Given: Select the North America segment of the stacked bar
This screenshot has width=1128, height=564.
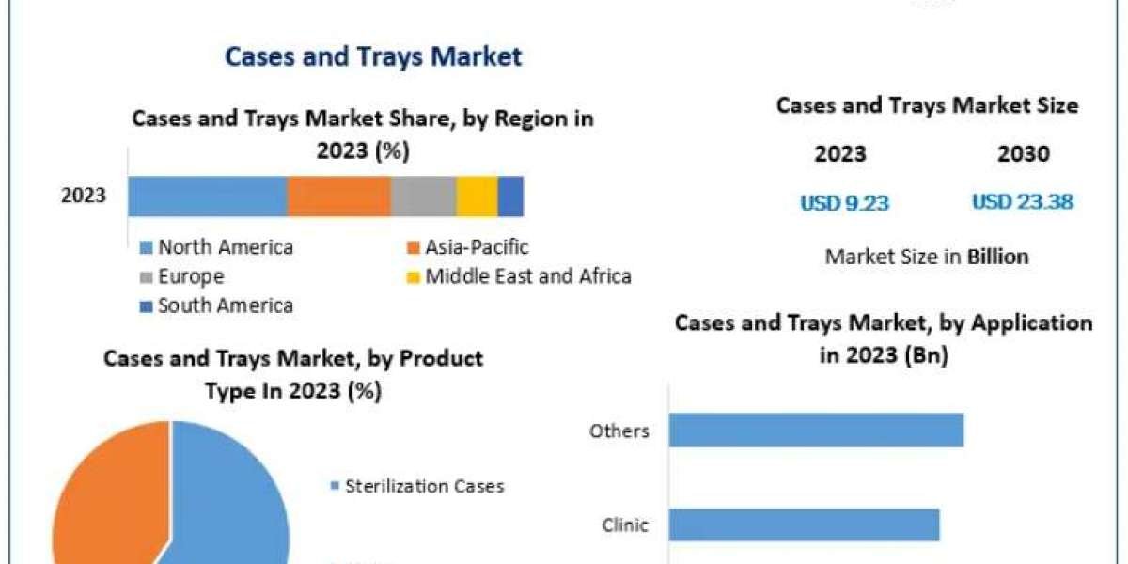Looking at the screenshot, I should pos(207,196).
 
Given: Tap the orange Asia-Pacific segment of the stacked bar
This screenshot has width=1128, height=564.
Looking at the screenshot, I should pos(338,196).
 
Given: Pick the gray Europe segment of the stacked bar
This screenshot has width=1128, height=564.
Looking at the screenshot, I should pos(423,196).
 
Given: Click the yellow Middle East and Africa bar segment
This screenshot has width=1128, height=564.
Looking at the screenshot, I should pos(477,196).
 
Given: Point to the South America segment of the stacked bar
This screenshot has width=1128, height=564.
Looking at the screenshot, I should pos(510,196).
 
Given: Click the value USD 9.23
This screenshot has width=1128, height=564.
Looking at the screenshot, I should pos(844,202).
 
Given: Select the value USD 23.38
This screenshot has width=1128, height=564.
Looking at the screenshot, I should pos(1022,202).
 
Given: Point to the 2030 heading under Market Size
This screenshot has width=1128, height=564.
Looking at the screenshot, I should pos(1023,154).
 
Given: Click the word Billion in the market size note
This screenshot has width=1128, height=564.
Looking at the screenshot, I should pos(997,256).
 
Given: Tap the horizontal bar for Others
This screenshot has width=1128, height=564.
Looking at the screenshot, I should pos(816,431).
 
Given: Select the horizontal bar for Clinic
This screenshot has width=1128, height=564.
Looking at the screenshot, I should pos(804,525).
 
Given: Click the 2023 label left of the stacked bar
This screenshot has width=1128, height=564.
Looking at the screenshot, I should pos(84,196).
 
